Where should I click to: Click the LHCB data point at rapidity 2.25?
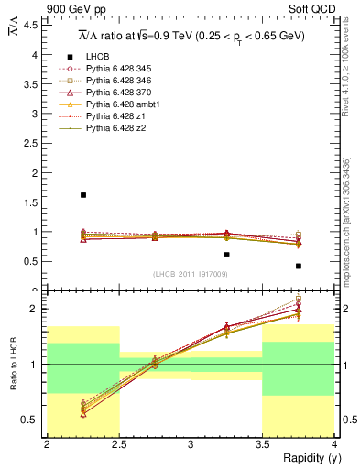(x=82, y=195)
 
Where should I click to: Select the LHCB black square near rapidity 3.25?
(x=226, y=255)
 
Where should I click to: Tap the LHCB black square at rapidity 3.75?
(x=299, y=266)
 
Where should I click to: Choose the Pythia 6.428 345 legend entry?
(x=125, y=68)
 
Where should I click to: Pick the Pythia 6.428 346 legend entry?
(x=125, y=80)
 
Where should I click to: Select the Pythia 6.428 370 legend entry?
(x=125, y=93)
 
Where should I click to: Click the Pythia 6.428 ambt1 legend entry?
(x=128, y=104)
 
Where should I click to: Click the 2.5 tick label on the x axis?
(x=118, y=444)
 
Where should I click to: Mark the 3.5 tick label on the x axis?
(x=262, y=444)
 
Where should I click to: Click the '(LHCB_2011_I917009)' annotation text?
(x=191, y=274)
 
